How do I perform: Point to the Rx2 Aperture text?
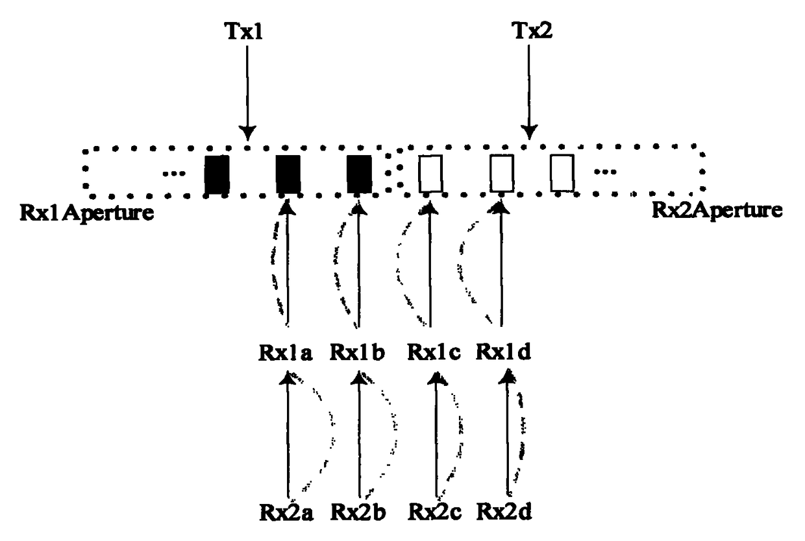point(716,209)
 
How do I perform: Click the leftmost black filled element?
point(217,174)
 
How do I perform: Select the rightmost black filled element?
point(358,174)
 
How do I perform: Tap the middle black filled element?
point(288,174)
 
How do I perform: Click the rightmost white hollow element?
point(562,174)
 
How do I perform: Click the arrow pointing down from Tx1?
point(247,91)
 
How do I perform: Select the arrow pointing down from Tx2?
point(529,91)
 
